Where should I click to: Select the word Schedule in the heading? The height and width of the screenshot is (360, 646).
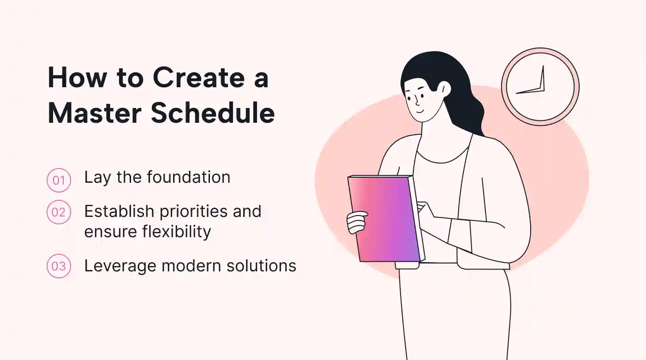[213, 113]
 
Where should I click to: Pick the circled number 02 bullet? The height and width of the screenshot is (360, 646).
[59, 212]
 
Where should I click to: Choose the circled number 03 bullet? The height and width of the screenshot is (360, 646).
[59, 266]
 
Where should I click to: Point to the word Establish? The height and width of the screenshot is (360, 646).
[119, 211]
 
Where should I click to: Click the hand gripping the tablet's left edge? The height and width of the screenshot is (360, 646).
[356, 222]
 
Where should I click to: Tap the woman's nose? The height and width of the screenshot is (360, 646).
[416, 101]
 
